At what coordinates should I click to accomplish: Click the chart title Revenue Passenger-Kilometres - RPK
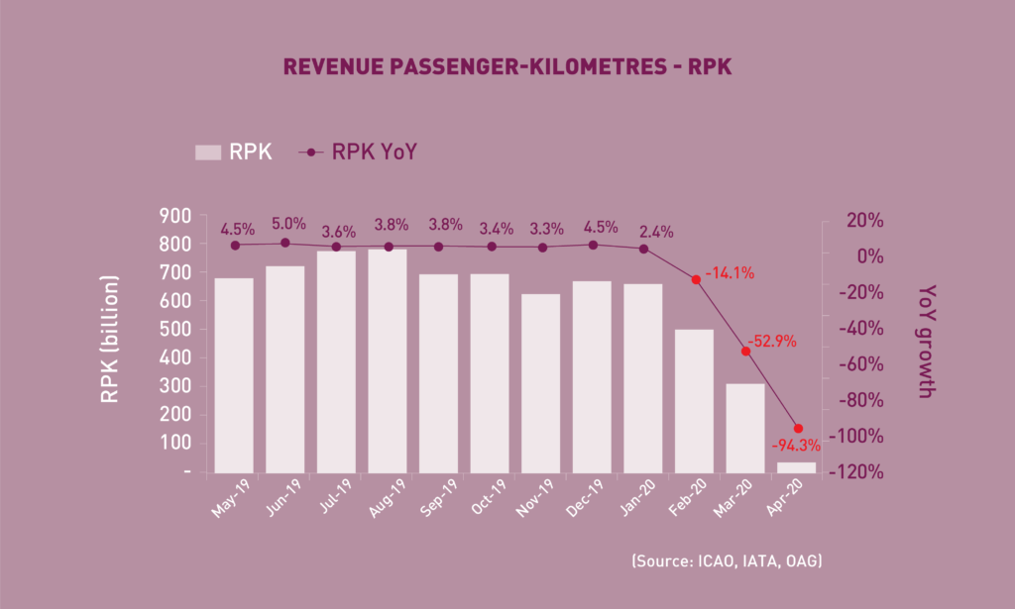click(507, 67)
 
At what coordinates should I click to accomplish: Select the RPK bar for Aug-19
click(387, 361)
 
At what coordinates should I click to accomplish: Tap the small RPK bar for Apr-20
click(796, 467)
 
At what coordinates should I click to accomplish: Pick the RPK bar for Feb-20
click(694, 401)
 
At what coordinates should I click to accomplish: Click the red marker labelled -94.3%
click(798, 429)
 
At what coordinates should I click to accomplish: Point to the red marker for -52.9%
click(745, 352)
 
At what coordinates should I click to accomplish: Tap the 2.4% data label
click(655, 232)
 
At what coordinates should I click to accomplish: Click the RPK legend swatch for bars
click(208, 152)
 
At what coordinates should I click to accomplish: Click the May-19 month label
click(230, 497)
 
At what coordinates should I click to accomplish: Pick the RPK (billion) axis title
click(109, 342)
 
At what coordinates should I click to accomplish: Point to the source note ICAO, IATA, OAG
click(727, 561)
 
